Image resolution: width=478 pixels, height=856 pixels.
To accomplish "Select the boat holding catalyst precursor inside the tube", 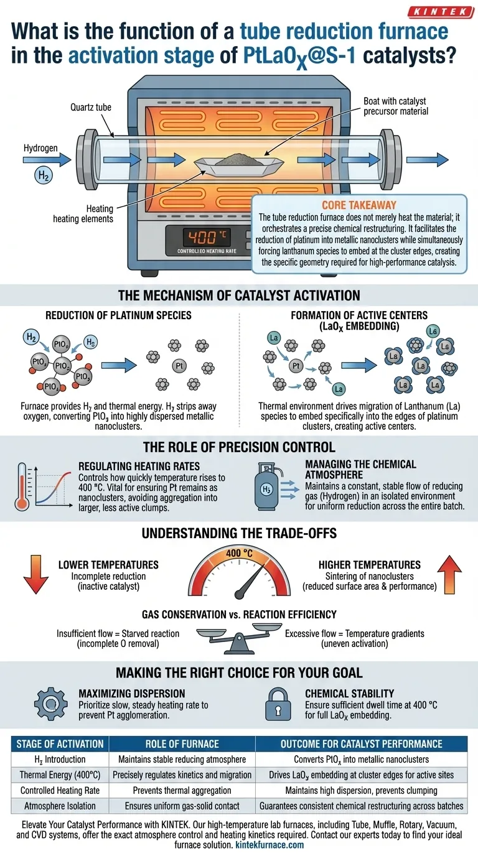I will (x=234, y=163).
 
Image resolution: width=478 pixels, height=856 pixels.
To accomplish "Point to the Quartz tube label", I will (x=90, y=107).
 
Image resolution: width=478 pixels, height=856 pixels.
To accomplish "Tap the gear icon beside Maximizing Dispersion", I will (x=47, y=704).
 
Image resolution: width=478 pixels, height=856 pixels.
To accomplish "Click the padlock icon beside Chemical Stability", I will (x=276, y=703).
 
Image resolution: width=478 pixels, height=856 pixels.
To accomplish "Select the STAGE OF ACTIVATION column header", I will (x=61, y=743).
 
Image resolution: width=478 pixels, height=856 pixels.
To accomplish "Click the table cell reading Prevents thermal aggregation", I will (x=181, y=790).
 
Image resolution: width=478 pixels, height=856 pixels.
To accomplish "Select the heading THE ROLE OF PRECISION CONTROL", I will (x=239, y=447).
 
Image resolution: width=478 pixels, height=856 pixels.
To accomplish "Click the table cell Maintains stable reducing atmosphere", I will (x=181, y=759).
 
